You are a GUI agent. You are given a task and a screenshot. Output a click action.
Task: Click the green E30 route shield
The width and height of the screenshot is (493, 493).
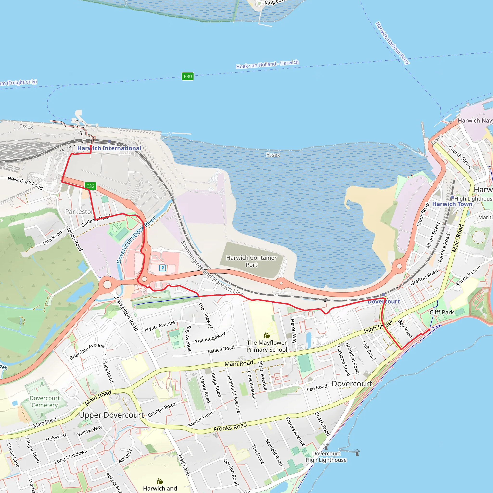188,76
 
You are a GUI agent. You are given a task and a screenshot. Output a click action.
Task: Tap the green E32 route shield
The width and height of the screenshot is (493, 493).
90,186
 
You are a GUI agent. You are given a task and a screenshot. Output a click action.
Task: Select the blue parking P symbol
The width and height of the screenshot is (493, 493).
162,268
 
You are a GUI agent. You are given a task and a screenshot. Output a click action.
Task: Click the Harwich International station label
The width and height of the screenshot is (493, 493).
109,148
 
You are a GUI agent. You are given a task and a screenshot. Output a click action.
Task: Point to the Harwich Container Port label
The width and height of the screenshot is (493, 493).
251,261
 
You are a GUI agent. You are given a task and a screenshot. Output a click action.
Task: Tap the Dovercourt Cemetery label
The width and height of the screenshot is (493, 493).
45,402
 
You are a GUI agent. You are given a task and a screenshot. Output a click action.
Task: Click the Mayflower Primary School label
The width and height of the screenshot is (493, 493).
267,346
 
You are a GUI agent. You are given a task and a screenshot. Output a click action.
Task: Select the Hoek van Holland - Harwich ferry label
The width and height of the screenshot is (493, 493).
267,64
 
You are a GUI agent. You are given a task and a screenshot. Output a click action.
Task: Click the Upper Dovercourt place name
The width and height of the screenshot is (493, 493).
111,415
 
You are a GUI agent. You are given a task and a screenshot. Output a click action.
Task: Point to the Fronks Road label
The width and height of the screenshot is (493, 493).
230,427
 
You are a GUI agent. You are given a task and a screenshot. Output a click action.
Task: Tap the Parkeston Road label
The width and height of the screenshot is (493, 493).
127,314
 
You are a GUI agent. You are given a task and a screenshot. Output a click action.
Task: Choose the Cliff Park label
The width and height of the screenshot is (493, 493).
442,312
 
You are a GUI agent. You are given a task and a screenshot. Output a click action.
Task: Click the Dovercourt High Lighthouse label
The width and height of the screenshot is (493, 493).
326,457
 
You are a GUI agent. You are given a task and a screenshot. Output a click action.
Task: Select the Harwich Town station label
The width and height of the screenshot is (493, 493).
452,204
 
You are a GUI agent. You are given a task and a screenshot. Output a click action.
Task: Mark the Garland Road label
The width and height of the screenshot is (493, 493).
96,221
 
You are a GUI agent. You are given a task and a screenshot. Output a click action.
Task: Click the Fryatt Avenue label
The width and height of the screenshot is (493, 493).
160,326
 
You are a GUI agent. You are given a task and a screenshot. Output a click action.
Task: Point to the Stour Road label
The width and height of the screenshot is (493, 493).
422,214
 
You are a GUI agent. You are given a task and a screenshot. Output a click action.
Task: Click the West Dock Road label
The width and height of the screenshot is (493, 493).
25,183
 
